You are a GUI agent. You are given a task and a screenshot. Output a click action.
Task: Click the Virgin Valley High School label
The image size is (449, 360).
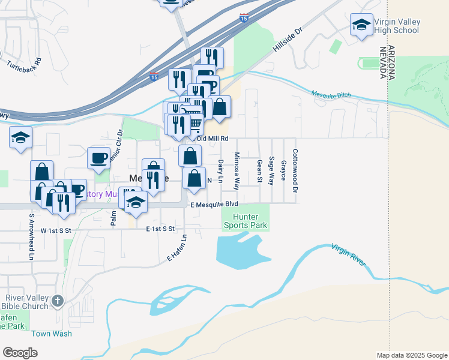pyautogui.click(x=397, y=26)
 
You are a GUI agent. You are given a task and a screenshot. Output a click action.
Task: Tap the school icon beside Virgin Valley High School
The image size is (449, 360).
pyautogui.click(x=361, y=25)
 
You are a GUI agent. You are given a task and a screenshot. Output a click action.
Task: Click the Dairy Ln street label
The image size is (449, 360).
pyautogui.click(x=220, y=172)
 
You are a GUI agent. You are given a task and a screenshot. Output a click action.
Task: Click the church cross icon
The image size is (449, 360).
pyautogui.click(x=57, y=301)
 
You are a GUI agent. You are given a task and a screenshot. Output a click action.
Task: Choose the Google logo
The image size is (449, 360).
pyautogui.click(x=20, y=352)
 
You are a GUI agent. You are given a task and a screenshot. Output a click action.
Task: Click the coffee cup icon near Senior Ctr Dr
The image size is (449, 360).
pyautogui.click(x=99, y=158)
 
